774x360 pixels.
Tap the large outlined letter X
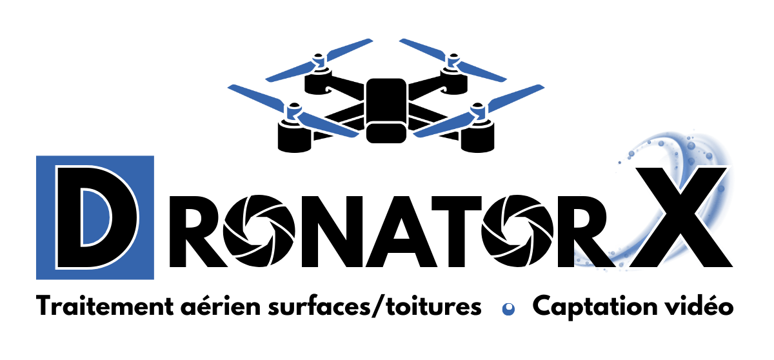coord(682,218)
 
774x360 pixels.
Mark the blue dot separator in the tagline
coord(508,309)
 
